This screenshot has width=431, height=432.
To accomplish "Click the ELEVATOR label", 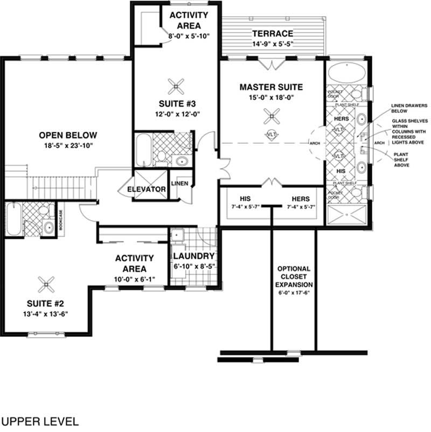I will point(146,189).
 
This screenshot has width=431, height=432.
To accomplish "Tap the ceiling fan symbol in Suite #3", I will point(176,85).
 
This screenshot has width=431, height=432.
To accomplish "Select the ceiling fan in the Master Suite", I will point(273,114).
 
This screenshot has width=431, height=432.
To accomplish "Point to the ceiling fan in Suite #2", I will point(47,284).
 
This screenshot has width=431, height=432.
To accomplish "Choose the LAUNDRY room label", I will point(194,256).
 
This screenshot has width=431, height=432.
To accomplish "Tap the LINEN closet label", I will point(179,184).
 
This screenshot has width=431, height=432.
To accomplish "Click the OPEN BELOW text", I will point(68,135).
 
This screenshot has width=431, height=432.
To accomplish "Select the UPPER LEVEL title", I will point(39,420).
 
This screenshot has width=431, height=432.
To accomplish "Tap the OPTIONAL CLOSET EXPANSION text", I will point(294,277).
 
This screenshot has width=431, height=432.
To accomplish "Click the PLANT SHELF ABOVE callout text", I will point(401,159).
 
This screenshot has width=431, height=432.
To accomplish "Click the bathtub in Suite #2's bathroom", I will point(14,219).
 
